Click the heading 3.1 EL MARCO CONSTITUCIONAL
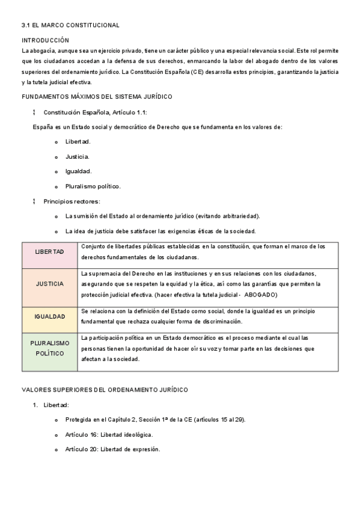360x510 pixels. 70,25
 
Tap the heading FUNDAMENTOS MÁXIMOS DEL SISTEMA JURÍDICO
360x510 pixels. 97,96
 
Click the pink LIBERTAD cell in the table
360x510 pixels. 49,251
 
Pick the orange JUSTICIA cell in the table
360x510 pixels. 49,283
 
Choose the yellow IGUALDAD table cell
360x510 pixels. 49,316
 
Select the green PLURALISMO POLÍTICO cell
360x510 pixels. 49,348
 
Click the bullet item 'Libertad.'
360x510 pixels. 78,141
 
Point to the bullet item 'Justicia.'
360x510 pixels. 77,156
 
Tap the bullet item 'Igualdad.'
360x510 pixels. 78,171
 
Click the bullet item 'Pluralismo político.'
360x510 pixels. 93,186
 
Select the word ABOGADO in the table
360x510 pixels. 261,295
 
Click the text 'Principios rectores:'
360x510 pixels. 72,201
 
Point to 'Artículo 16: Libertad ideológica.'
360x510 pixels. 109,434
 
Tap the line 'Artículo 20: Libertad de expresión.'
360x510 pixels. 112,449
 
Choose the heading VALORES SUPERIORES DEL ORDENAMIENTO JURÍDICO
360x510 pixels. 105,390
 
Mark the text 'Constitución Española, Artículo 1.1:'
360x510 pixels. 95,112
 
